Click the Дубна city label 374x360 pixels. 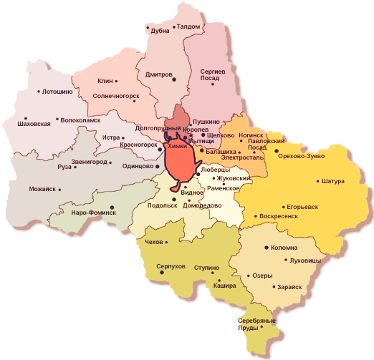click(160, 31)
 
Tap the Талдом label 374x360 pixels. click(188, 26)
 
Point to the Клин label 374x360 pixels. click(105, 81)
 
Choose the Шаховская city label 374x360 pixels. click(34, 124)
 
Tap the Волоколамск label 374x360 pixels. click(79, 121)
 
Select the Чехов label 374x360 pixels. click(155, 243)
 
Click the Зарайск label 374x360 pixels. click(288, 286)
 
